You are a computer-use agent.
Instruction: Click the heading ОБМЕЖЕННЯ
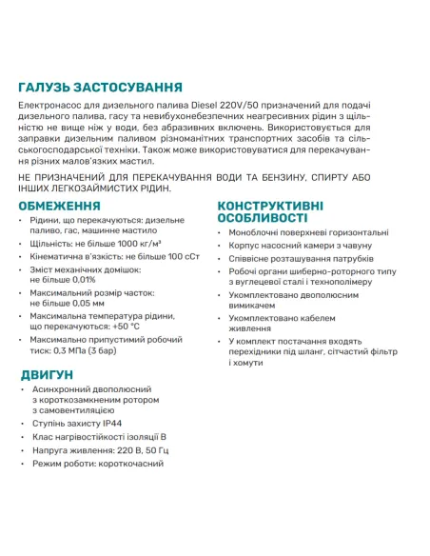[x=60, y=205]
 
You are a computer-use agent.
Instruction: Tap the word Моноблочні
[x=259, y=232]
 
